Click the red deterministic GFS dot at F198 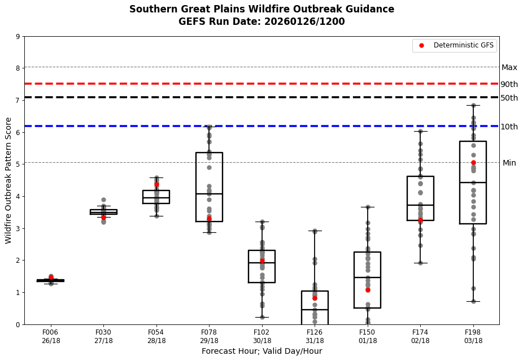(x=473, y=163)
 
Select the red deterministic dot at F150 (x=368, y=290)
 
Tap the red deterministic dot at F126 (x=315, y=298)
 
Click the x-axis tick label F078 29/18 (x=209, y=336)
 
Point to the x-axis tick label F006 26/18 (x=50, y=336)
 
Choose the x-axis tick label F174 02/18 (x=420, y=336)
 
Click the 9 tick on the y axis (x=18, y=37)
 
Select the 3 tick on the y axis (x=18, y=228)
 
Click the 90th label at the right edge (x=509, y=84)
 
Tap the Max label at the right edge (x=509, y=68)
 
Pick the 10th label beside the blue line (x=509, y=127)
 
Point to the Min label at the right (x=509, y=163)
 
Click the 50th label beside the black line (x=509, y=98)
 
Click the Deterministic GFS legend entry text (x=463, y=45)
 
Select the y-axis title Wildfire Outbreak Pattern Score (x=8, y=180)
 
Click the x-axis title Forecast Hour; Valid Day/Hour (x=261, y=352)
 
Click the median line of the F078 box (x=209, y=194)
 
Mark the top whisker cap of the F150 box (x=368, y=207)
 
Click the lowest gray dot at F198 (x=473, y=301)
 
